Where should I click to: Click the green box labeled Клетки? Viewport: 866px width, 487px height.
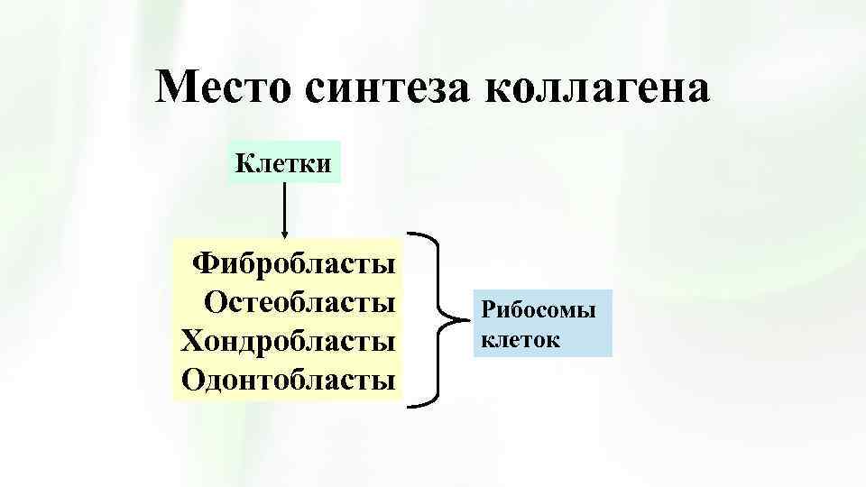283,162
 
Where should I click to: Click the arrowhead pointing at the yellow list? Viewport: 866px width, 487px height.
285,233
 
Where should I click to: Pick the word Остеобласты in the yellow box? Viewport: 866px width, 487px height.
300,302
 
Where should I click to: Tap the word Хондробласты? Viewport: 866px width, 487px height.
289,341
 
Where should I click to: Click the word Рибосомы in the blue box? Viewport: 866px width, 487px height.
539,311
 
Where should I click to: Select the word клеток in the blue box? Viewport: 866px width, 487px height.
521,340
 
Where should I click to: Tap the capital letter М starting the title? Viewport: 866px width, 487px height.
175,88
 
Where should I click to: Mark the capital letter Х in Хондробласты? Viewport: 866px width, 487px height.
191,341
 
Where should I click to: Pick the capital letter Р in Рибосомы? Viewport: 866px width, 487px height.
488,311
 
